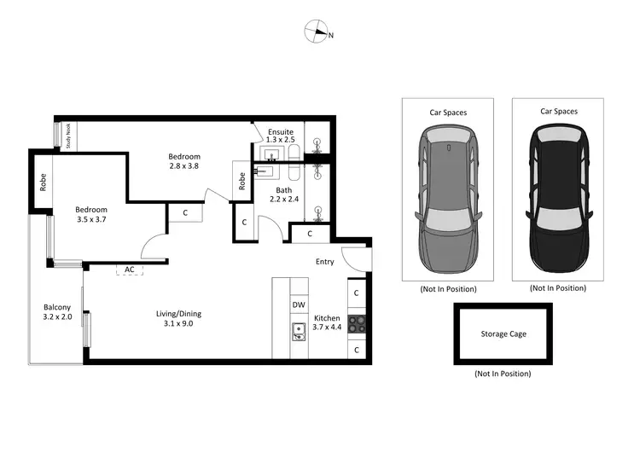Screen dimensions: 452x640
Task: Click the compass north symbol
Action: (x=317, y=33)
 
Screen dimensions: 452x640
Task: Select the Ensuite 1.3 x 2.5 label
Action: (x=281, y=136)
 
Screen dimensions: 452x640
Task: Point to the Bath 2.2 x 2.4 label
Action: (x=284, y=194)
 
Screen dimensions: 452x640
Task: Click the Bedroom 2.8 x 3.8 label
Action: (x=183, y=161)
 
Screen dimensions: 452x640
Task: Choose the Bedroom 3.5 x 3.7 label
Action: (x=90, y=215)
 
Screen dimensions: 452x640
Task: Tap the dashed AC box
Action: (x=130, y=269)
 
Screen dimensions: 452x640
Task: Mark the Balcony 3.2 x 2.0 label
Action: (x=57, y=312)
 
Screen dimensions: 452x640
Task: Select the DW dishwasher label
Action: (x=299, y=304)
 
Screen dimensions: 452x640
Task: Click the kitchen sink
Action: (x=298, y=331)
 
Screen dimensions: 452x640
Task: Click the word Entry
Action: (x=324, y=262)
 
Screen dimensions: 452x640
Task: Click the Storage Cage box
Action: (x=503, y=334)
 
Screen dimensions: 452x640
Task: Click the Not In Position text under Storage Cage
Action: (x=503, y=374)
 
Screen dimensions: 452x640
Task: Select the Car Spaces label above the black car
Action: (x=558, y=111)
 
